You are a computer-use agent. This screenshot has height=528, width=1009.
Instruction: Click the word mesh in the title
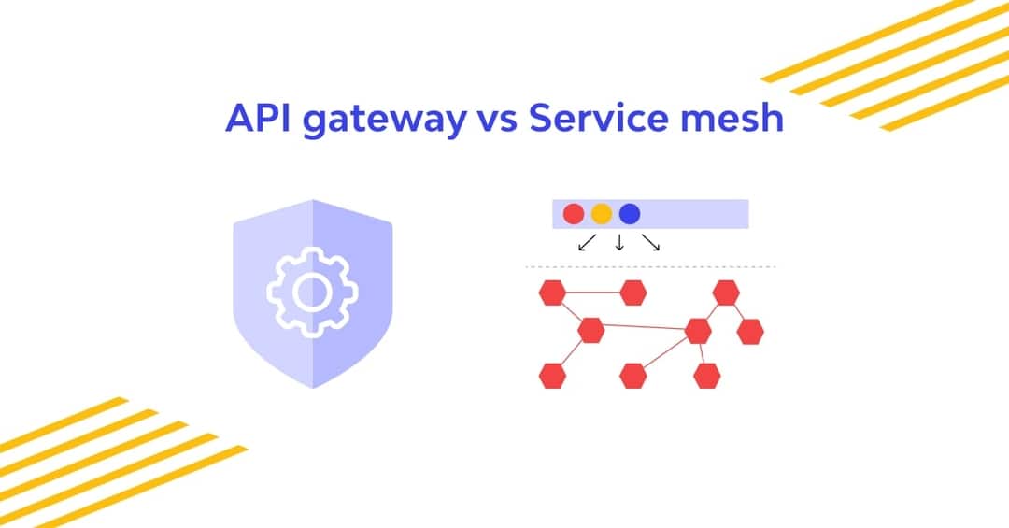click(x=734, y=119)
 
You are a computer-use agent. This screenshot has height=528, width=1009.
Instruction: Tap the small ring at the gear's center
click(x=311, y=292)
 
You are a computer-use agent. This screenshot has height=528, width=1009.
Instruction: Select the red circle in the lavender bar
click(x=574, y=214)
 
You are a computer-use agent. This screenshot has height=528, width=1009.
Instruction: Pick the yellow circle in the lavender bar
click(x=602, y=214)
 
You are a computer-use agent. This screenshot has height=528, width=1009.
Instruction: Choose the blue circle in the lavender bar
click(x=630, y=214)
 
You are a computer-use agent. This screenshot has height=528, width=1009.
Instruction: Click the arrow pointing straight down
click(x=619, y=243)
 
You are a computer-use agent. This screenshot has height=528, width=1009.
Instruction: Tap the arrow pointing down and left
click(x=587, y=243)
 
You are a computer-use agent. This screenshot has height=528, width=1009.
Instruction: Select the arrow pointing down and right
click(x=652, y=243)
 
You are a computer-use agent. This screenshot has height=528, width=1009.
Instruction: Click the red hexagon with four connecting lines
click(x=698, y=331)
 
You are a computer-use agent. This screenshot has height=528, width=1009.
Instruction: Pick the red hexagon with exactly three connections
click(x=590, y=330)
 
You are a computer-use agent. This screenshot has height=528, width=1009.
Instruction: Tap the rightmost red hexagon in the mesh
click(x=750, y=331)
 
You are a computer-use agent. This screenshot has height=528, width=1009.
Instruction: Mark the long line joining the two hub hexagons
click(x=645, y=328)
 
